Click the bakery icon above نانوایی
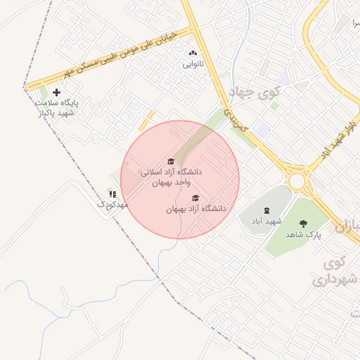click(192, 53)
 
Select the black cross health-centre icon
click(57, 92)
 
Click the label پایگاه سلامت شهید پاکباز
click(58, 108)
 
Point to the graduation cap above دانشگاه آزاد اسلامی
click(170, 162)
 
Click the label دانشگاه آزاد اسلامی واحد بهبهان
click(171, 177)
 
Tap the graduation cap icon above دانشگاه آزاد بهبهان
click(195, 198)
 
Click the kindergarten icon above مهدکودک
click(112, 193)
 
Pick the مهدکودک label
click(112, 204)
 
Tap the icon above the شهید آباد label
click(266, 210)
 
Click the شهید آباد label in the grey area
click(266, 221)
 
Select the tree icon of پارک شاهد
click(303, 224)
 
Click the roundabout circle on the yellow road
click(297, 181)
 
